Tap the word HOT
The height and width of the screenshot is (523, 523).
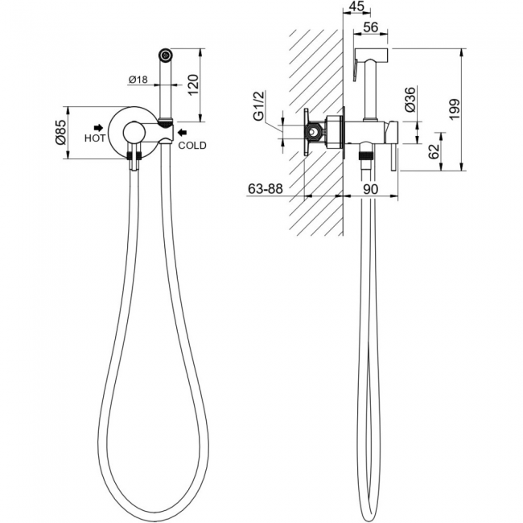95,138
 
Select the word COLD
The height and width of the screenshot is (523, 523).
192,146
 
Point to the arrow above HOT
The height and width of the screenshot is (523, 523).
98,127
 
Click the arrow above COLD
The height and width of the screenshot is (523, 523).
182,133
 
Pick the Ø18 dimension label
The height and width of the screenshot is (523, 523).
138,80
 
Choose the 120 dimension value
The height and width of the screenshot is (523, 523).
193,85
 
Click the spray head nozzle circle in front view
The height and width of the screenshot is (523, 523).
166,55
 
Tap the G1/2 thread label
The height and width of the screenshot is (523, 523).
259,105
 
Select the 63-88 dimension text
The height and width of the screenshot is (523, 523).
266,189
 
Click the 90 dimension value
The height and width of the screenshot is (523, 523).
370,189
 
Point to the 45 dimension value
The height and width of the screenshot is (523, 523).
356,6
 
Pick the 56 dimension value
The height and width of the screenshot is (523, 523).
371,27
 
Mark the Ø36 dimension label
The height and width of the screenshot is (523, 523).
410,99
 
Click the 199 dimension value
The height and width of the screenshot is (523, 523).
454,109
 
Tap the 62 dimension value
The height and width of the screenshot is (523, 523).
434,152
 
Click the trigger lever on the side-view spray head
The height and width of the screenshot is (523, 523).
356,69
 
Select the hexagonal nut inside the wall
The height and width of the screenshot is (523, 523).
313,133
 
